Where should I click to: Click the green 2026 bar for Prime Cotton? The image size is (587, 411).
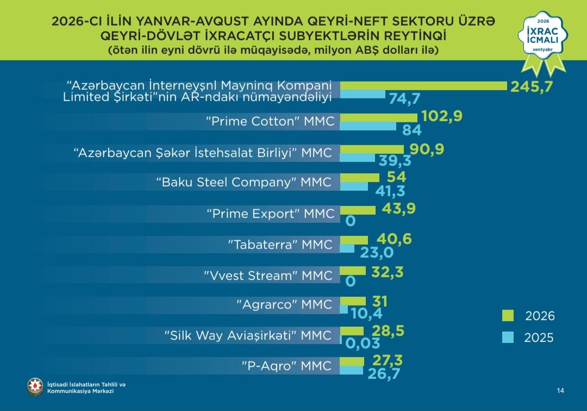[378, 117]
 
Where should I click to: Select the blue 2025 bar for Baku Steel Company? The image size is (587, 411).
[354, 186]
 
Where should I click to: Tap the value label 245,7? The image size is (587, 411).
[532, 86]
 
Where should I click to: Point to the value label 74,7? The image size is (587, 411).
[404, 98]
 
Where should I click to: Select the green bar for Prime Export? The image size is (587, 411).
[358, 210]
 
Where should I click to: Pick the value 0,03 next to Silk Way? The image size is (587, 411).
[363, 343]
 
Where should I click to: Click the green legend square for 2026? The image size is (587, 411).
[508, 315]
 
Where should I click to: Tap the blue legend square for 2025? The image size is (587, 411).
[508, 337]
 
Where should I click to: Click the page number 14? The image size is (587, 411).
[560, 390]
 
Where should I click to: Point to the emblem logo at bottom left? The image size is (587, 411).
[35, 387]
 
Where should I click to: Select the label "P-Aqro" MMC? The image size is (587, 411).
[286, 366]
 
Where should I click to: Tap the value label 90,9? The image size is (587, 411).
[427, 149]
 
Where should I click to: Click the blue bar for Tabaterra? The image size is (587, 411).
[347, 248]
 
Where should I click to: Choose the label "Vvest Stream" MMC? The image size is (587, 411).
[268, 276]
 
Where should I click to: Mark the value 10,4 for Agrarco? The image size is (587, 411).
[366, 314]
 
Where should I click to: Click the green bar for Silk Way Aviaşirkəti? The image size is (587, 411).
[352, 331]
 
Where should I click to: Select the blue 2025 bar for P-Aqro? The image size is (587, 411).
[352, 370]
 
